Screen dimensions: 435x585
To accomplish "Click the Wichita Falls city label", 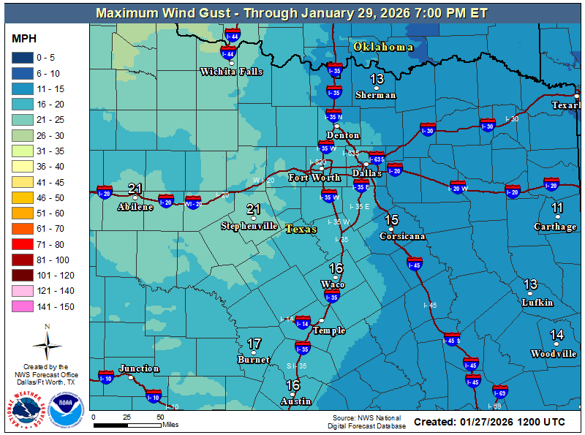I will [x=231, y=72].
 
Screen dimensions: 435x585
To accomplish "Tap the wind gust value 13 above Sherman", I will [x=377, y=80].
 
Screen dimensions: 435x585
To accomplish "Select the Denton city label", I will [x=343, y=135].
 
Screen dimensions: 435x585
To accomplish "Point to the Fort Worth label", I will [x=314, y=178].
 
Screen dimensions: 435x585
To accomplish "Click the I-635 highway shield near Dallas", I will [x=377, y=159].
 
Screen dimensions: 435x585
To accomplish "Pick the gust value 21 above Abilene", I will [x=135, y=189].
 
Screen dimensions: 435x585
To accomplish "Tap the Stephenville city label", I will [x=249, y=226].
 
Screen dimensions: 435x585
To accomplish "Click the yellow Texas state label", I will [x=301, y=229].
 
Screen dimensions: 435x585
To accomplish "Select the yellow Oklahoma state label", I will [x=383, y=47].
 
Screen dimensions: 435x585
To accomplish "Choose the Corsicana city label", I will [x=402, y=236].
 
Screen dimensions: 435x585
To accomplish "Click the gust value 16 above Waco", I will [x=336, y=268].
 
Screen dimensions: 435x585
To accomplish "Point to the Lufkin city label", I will [x=537, y=302].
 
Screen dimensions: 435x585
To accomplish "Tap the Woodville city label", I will [x=554, y=354].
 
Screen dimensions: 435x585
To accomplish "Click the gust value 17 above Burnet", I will [x=254, y=344].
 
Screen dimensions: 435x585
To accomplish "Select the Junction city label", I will [x=139, y=368].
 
